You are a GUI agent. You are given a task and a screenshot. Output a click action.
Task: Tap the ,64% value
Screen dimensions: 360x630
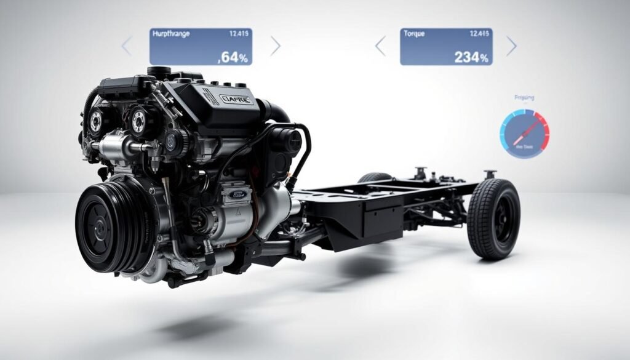click(x=233, y=58)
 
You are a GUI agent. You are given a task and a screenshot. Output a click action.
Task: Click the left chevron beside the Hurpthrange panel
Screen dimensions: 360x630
click(x=127, y=46)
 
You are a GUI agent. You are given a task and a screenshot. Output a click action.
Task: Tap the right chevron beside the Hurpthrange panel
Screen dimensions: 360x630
click(x=275, y=46)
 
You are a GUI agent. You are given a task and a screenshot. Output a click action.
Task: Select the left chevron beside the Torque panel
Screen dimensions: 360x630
click(x=380, y=46)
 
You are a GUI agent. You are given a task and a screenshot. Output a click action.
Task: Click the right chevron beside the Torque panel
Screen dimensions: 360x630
click(x=511, y=46)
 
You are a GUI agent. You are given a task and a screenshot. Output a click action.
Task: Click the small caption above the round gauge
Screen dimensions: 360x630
click(x=524, y=97)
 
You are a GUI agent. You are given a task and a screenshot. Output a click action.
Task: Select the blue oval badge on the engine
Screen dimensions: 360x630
click(x=237, y=194)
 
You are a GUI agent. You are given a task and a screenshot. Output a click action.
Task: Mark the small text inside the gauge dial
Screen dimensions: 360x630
click(x=524, y=146)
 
